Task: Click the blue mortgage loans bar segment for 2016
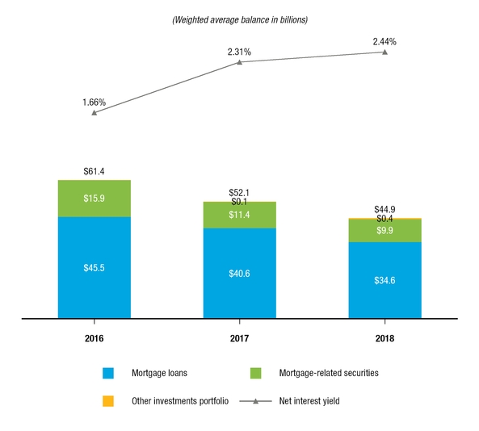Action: tap(95, 267)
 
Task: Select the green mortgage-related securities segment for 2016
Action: tap(95, 199)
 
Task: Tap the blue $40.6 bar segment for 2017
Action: tap(239, 274)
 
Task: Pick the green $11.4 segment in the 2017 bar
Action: tap(239, 215)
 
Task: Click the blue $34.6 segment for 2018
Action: tap(384, 280)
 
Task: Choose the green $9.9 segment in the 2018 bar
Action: tap(384, 231)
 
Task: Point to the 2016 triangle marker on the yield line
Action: tap(95, 113)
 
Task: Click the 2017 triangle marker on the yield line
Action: tap(239, 62)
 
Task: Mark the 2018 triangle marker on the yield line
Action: tap(384, 52)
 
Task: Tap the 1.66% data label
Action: tap(95, 102)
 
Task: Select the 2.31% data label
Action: tap(239, 52)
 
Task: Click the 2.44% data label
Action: tap(384, 40)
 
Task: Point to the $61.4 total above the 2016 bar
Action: tap(95, 171)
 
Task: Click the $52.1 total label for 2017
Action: tap(239, 192)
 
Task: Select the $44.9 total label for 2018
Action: tap(384, 209)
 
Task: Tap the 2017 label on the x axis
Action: tap(239, 338)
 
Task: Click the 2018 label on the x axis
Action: tap(384, 338)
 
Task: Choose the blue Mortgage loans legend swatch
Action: tap(107, 373)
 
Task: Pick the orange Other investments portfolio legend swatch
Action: tap(107, 401)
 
